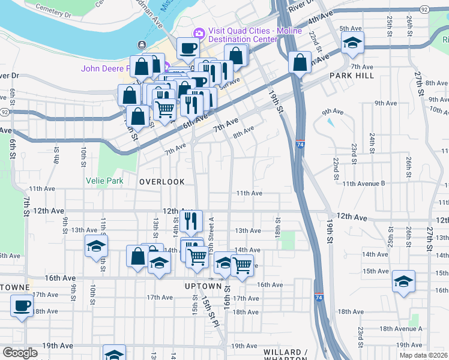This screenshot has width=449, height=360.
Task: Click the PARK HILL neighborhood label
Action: pos(351,76)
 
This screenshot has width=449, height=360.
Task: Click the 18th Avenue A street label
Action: pos(401,329)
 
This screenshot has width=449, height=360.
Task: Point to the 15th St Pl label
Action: pos(211,307)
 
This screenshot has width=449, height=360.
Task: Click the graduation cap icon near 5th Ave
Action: pos(352,42)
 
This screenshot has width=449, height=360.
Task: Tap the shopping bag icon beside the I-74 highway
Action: pos(300,62)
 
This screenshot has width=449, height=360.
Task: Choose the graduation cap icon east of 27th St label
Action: pos(403,280)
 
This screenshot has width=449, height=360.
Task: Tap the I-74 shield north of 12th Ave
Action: pos(300,145)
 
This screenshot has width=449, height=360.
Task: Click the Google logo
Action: pos(20,353)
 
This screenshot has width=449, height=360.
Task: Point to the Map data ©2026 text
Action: pos(422,355)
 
